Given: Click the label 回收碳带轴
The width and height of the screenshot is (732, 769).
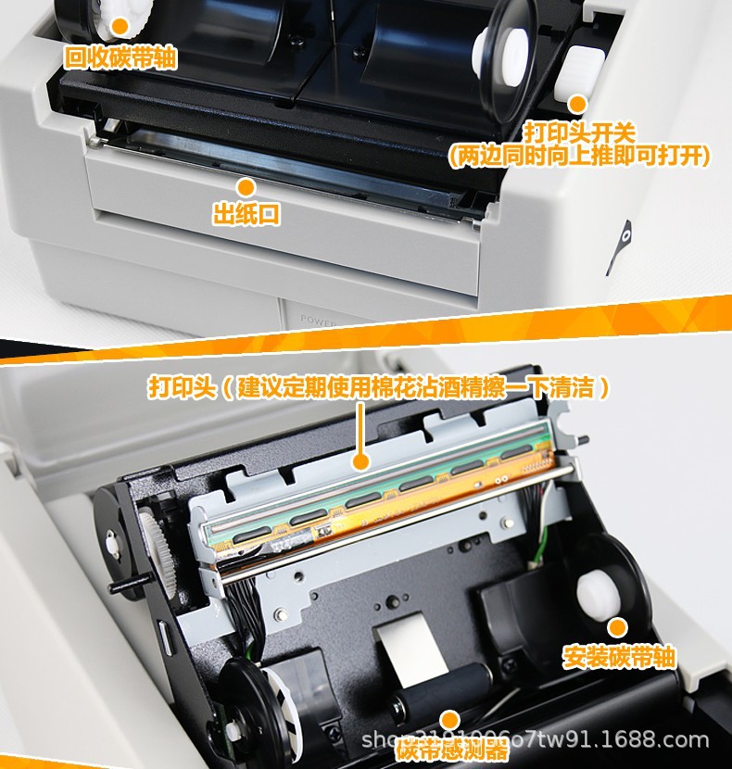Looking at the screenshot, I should click(120, 58).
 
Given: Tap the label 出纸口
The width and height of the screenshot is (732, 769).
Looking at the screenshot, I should click(246, 215).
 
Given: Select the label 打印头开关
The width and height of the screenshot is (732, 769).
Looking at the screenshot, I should click(579, 130).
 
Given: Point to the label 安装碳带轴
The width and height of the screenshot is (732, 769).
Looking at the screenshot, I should click(619, 657).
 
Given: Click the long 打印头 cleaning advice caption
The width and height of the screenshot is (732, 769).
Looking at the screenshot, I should click(380, 386).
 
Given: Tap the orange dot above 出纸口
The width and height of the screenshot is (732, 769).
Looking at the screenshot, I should click(246, 186).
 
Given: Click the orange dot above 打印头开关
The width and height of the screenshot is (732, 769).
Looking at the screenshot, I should click(577, 104).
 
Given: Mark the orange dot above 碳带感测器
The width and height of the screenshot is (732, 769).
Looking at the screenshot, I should click(450, 720).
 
